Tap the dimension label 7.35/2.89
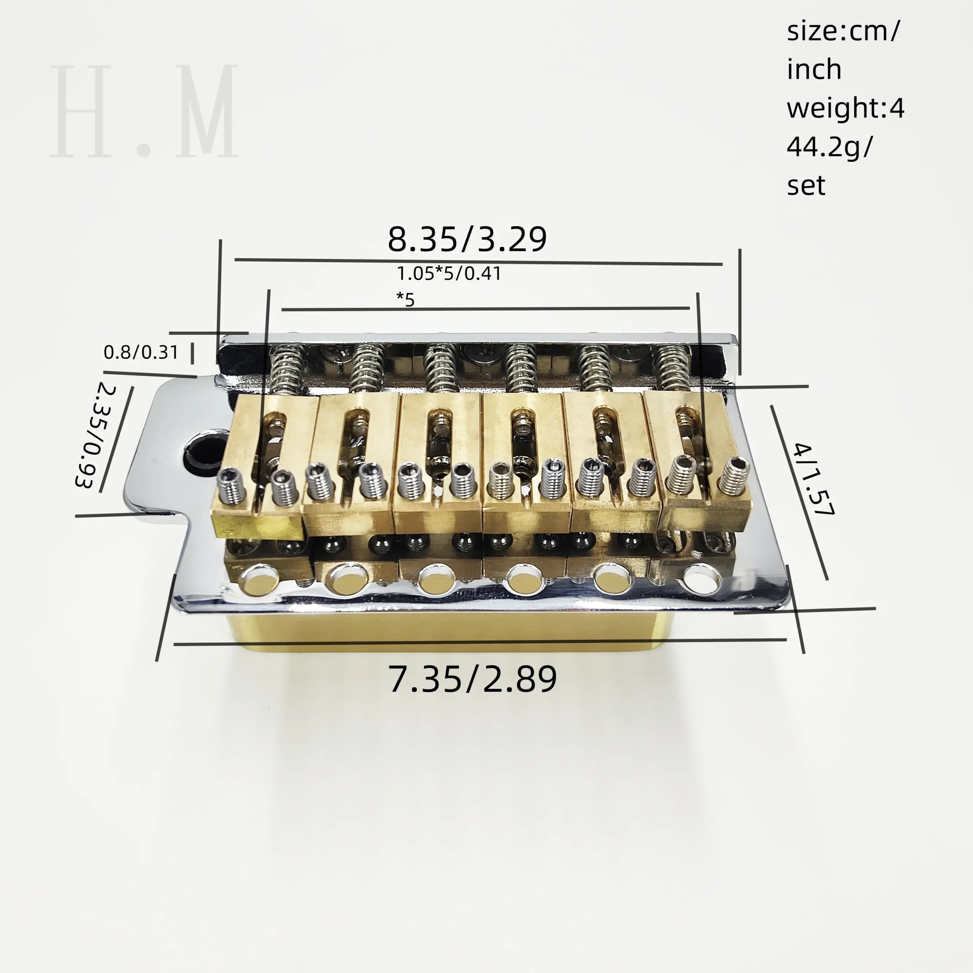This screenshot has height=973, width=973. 472,679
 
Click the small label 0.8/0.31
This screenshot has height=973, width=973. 141,352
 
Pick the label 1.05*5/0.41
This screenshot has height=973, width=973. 449,274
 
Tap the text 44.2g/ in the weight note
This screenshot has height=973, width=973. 829,147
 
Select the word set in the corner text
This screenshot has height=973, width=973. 806,185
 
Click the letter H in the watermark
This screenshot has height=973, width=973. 81,111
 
